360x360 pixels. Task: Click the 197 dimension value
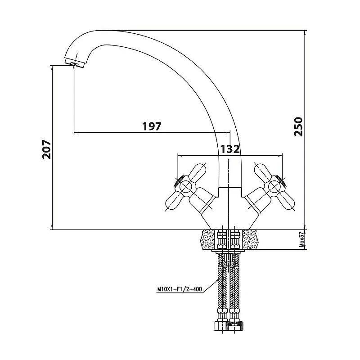[x=152, y=126]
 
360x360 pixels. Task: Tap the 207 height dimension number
[x=46, y=149]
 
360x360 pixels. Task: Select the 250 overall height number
[x=298, y=127]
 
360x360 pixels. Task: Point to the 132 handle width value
[x=230, y=149]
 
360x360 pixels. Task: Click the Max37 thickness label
[x=302, y=239]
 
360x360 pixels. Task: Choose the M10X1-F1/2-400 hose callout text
[x=180, y=289]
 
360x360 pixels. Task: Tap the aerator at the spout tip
[x=75, y=63]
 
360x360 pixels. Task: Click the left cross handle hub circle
[x=185, y=186]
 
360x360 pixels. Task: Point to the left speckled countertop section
[x=209, y=239]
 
